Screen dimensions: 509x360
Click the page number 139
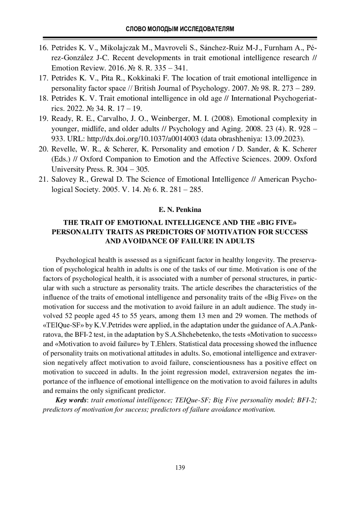pyautogui.click(x=180, y=468)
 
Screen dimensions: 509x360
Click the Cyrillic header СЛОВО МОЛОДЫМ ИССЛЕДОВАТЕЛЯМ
pyautogui.click(x=180, y=29)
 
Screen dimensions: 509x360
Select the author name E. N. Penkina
pyautogui.click(x=180, y=210)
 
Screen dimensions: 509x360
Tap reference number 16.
pyautogui.click(x=44, y=48)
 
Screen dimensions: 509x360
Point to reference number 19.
pyautogui.click(x=44, y=118)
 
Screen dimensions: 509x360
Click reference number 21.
pyautogui.click(x=44, y=179)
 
